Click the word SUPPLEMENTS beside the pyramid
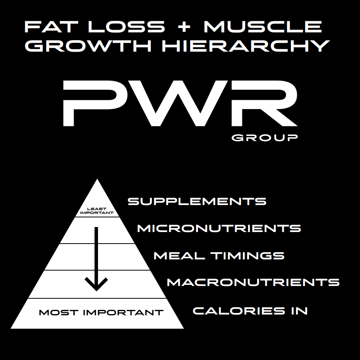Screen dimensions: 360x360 tap(197, 201)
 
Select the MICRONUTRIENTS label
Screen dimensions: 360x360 tap(219, 228)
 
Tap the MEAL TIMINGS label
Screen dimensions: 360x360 tap(219, 256)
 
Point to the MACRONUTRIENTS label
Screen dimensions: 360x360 tap(253, 282)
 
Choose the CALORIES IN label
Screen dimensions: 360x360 tap(250, 311)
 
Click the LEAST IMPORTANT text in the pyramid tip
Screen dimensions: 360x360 tap(97, 210)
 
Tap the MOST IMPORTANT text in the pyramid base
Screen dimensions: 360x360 tap(101, 312)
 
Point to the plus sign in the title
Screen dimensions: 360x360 tap(184, 27)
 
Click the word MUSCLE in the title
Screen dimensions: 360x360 tap(262, 27)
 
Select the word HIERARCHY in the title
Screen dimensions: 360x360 tap(245, 46)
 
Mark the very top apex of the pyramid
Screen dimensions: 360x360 tap(97, 180)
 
